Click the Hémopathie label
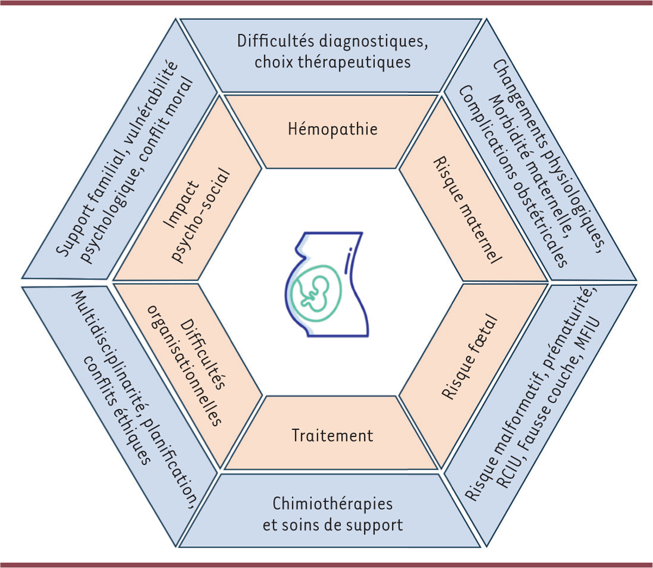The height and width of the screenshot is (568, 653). pyautogui.click(x=332, y=129)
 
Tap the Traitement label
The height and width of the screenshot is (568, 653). pyautogui.click(x=332, y=435)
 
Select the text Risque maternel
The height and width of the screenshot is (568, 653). pyautogui.click(x=466, y=211)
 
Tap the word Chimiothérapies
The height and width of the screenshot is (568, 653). pyautogui.click(x=332, y=503)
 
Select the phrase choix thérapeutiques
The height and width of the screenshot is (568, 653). pyautogui.click(x=332, y=61)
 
